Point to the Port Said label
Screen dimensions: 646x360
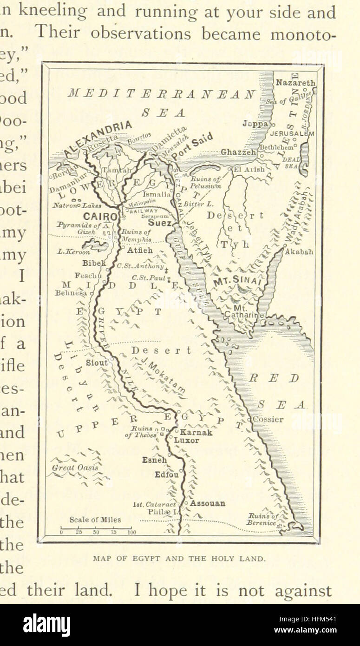[192, 147]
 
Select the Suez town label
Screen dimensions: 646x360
[160, 223]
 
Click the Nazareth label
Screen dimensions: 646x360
[295, 82]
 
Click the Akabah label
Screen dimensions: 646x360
[299, 251]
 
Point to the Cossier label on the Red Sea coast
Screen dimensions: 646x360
[268, 419]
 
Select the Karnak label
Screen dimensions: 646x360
[196, 432]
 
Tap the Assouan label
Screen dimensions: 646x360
[208, 503]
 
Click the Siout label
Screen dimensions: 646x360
[97, 363]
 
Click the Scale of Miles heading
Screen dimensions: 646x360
[95, 520]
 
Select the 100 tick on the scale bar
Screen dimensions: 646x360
[131, 533]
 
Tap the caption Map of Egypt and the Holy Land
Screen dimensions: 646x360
[179, 559]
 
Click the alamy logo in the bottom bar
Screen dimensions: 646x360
[46, 625]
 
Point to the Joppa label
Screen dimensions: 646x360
[255, 124]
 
